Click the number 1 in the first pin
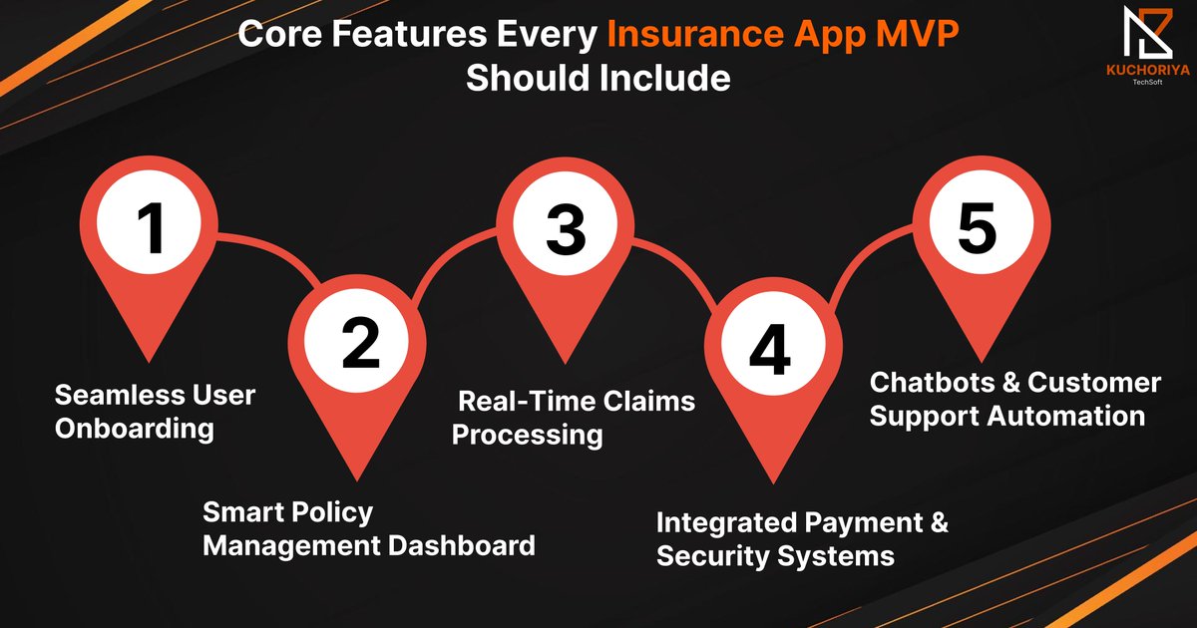tap(151, 228)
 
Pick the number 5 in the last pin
tap(977, 228)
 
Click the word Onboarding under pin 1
tap(134, 430)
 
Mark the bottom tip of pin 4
tap(769, 483)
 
